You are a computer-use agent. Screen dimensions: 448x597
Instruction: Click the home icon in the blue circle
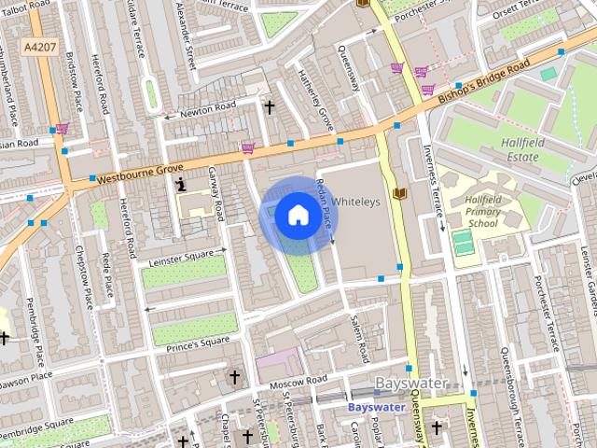click(x=297, y=216)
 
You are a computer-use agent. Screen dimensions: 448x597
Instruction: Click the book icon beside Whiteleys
click(x=401, y=192)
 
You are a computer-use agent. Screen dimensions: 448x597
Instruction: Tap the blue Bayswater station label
click(x=376, y=408)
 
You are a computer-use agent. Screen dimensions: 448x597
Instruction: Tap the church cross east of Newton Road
click(x=270, y=107)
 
